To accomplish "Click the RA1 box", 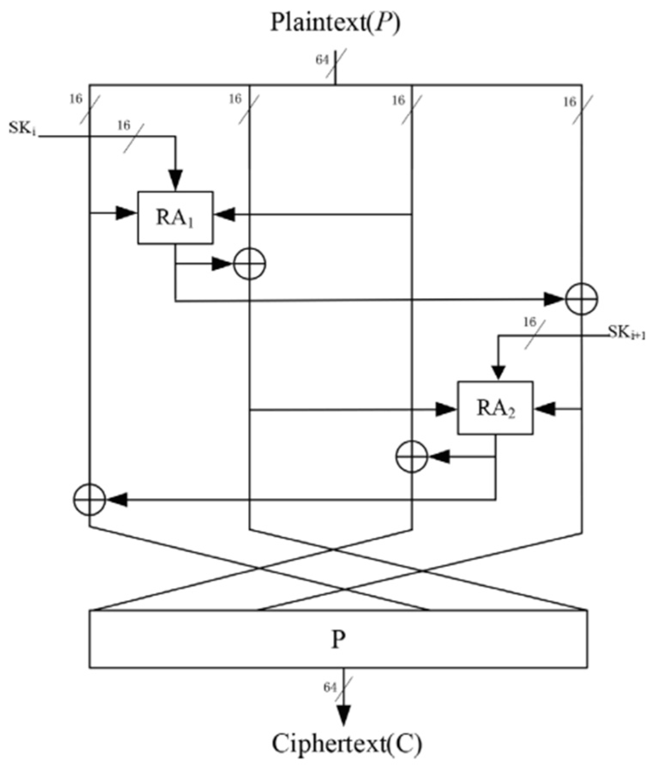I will pos(175,218).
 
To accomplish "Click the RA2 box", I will pos(495,408).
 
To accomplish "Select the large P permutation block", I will pos(338,639).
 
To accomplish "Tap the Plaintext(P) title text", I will pos(335,22).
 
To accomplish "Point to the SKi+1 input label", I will pos(626,332).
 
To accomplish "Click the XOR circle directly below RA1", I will pos(249,264).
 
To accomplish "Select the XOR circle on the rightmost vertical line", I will pos(581,299).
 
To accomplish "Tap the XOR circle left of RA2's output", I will pos(411,457).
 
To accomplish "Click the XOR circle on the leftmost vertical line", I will pos(89,499).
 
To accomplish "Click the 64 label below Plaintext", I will pos(322,60).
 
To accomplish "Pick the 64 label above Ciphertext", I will pos(330,687).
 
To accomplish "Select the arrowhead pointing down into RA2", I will pos(498,372).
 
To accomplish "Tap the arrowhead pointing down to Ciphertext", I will pos(343,714).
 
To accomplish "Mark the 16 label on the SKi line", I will pos(123,125).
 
